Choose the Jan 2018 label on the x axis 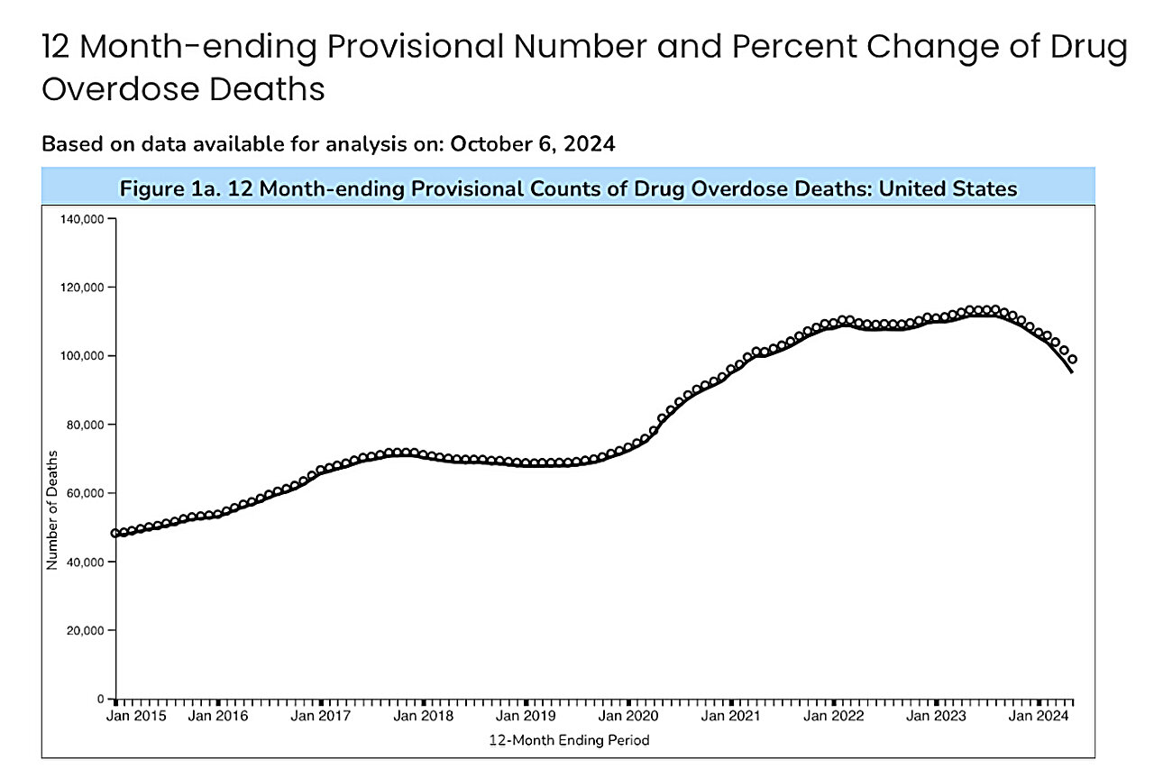point(424,717)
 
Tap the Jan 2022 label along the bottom point(833,717)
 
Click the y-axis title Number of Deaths point(52,509)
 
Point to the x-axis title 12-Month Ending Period point(569,740)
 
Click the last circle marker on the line point(1072,360)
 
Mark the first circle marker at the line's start point(115,533)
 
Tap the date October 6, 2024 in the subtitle point(533,144)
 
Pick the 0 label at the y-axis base point(102,699)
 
